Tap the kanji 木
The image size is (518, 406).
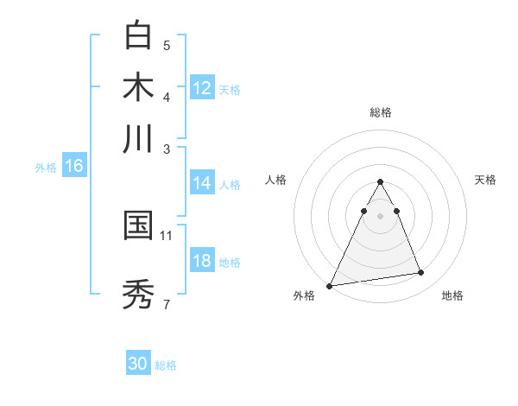[x=139, y=88]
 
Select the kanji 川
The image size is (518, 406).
[x=139, y=138]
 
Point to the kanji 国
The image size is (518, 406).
[x=139, y=226]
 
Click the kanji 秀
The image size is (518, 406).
[x=139, y=294]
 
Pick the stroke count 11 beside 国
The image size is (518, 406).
[x=167, y=235]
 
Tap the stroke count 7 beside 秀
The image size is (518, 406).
[x=167, y=303]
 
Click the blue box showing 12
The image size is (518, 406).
[x=202, y=88]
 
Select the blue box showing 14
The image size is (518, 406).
[x=202, y=183]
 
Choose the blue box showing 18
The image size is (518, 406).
[x=202, y=261]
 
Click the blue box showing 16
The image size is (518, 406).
[x=73, y=166]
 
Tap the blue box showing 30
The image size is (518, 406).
[x=138, y=364]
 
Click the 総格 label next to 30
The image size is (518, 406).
[x=167, y=365]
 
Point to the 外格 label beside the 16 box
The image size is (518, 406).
[x=46, y=168]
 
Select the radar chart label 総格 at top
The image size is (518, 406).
[x=381, y=112]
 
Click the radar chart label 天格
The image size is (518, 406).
[x=486, y=180]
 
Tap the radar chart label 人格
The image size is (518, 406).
[x=276, y=180]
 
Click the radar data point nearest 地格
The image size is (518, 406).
[x=421, y=273]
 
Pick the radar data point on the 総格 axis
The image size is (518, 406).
[x=380, y=181]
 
